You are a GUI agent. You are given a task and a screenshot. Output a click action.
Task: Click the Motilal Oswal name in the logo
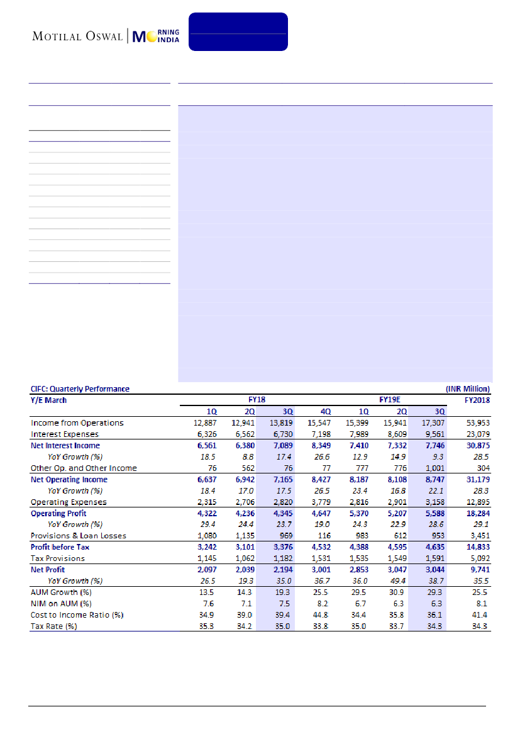pyautogui.click(x=78, y=36)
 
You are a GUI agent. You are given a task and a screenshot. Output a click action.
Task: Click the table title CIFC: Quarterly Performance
pyautogui.click(x=80, y=388)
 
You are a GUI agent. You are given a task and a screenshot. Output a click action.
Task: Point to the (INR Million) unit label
pyautogui.click(x=468, y=388)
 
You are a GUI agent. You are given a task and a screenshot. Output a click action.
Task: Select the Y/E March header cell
pyautogui.click(x=49, y=400)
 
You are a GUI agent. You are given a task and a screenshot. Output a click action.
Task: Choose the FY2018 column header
pyautogui.click(x=477, y=400)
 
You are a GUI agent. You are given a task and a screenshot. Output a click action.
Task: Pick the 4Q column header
pyautogui.click(x=326, y=411)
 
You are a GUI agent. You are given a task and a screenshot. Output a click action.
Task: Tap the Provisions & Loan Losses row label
pyautogui.click(x=79, y=535)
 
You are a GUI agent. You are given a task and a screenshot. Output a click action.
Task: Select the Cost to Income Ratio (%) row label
pyautogui.click(x=77, y=614)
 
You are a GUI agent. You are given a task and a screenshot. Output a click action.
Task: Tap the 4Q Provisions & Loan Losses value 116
pyautogui.click(x=331, y=535)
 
